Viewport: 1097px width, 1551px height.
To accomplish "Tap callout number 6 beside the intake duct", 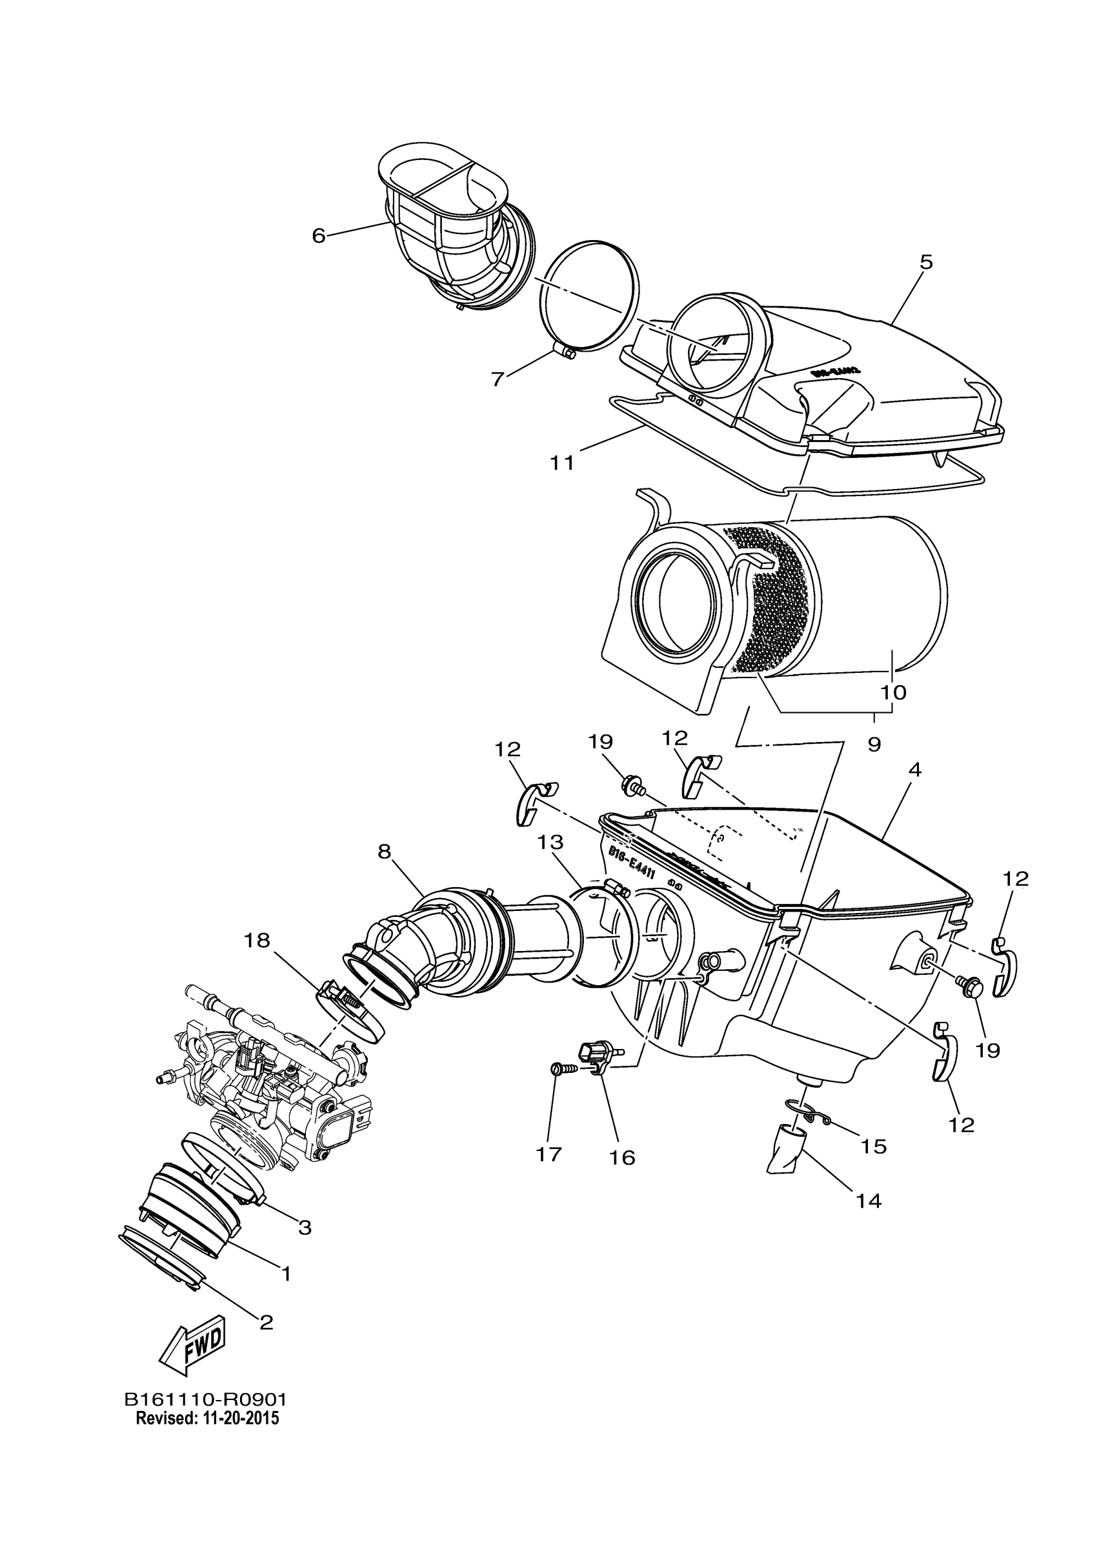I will point(319,235).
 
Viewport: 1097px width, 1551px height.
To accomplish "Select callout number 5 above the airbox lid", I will point(926,262).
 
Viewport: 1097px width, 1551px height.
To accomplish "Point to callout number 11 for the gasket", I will point(562,463).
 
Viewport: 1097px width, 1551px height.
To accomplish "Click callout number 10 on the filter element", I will point(893,692).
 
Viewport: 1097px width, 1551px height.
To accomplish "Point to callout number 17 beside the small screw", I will point(549,1154).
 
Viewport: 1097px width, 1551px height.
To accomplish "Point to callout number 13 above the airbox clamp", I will point(550,843).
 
